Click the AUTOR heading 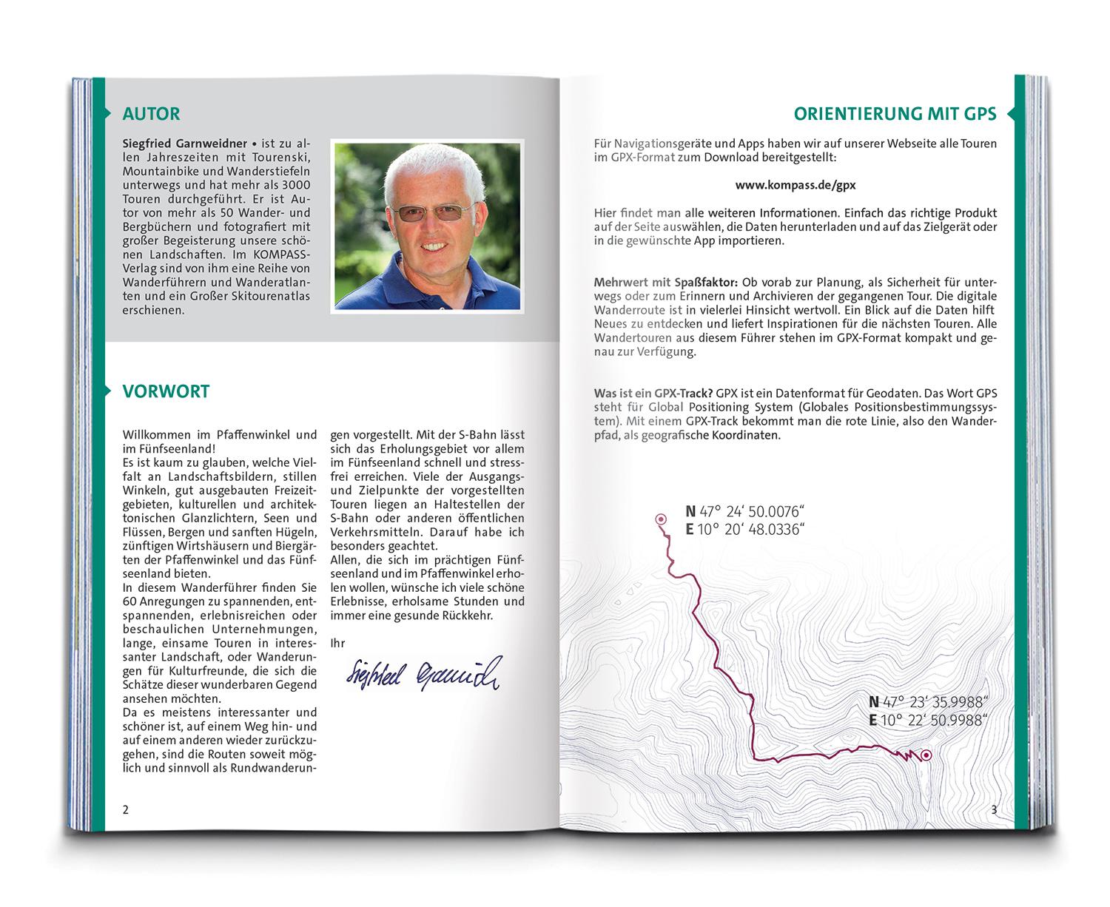[x=151, y=114]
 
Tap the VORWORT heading [x=166, y=391]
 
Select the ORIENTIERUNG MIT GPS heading [x=895, y=114]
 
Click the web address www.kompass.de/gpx [x=795, y=185]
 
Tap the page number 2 [x=126, y=809]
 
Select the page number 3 [x=994, y=809]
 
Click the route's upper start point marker [x=660, y=519]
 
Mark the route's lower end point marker [x=925, y=755]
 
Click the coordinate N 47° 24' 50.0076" [x=744, y=511]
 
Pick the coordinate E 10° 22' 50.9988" [x=929, y=720]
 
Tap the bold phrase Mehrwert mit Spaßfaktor [x=665, y=283]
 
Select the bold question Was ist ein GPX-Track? [x=653, y=394]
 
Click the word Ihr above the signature [x=337, y=643]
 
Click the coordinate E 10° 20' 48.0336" [x=744, y=529]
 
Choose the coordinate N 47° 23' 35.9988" [x=929, y=702]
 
